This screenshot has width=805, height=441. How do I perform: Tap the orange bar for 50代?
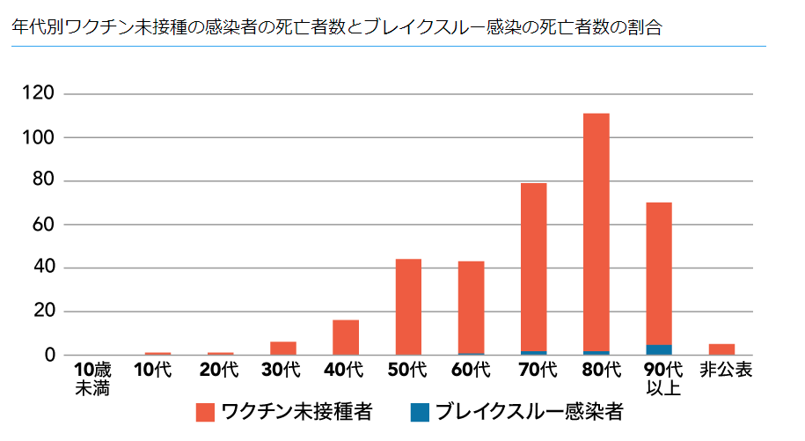408,306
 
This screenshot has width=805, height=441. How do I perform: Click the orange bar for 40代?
346,337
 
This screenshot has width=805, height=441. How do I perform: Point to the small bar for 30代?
283,348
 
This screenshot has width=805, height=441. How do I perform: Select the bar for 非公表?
721,349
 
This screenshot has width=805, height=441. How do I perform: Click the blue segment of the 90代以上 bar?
658,349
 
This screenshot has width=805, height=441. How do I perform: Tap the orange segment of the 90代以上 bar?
658,273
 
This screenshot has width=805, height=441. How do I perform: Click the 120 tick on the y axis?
43,94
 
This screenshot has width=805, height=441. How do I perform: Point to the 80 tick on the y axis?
48,181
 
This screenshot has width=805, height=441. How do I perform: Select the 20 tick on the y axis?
48,312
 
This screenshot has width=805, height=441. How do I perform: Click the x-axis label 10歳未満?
91,378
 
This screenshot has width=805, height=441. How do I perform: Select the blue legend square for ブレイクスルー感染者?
420,412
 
